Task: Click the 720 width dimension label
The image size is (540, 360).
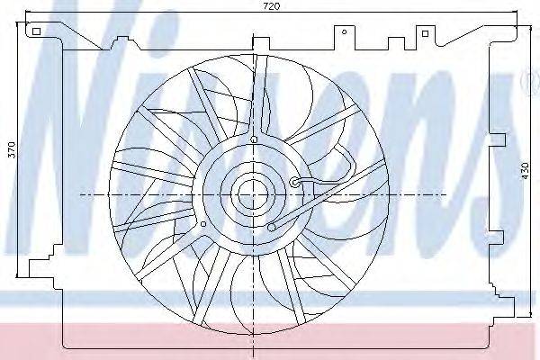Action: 272,6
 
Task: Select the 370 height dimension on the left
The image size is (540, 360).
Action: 12,149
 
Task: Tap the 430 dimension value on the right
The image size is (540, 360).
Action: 525,170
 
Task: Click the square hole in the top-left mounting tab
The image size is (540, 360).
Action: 37,31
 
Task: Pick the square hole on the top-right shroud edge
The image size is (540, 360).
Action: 426,33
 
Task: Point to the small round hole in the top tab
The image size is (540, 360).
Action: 344,32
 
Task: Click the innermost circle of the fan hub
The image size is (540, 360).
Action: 253,195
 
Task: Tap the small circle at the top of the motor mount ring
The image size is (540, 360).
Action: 254,139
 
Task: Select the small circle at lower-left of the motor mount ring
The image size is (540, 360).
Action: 203,224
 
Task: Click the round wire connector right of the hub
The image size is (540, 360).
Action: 295,182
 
